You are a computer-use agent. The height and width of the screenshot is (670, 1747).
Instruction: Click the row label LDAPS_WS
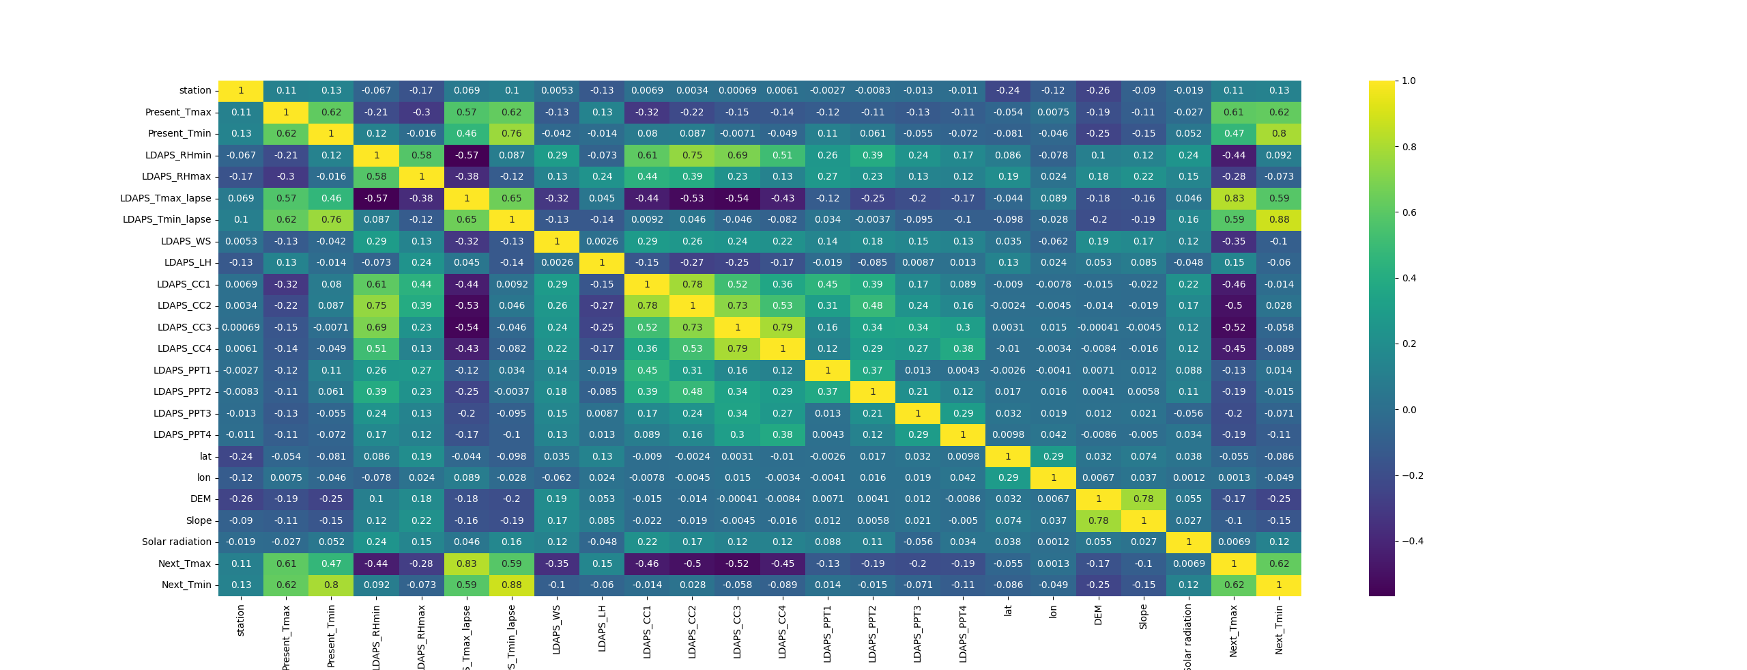click(x=186, y=241)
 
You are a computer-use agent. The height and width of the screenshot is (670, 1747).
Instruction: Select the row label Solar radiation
click(x=176, y=542)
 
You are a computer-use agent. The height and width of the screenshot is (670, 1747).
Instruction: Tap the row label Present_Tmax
click(x=177, y=112)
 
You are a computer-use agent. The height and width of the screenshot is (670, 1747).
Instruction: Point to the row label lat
click(x=205, y=456)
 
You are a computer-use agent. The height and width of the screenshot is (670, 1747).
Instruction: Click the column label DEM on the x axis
click(x=1098, y=615)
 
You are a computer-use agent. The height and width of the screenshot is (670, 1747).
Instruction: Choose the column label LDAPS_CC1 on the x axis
click(x=647, y=631)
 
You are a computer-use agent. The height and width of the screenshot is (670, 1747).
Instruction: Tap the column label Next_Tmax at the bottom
click(x=1233, y=631)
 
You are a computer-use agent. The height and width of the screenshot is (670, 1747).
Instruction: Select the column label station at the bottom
click(x=240, y=620)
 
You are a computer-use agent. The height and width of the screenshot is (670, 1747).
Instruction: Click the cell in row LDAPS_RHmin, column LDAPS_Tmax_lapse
click(x=467, y=155)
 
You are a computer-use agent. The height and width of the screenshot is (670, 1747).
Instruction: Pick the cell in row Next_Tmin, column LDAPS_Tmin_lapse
click(x=512, y=585)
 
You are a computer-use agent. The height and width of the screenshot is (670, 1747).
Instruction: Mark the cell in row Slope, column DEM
click(x=1098, y=520)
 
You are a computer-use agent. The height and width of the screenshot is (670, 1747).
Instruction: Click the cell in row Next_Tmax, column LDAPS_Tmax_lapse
click(x=467, y=563)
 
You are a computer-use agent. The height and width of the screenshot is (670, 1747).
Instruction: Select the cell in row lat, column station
click(x=241, y=456)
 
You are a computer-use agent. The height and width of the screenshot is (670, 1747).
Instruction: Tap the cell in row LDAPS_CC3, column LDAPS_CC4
click(x=782, y=327)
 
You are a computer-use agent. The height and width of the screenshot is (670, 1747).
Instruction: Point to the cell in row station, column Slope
click(x=1143, y=90)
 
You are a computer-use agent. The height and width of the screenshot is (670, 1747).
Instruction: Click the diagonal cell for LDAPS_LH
click(x=602, y=262)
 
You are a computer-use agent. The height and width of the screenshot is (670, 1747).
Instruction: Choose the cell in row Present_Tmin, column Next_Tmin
click(x=1278, y=133)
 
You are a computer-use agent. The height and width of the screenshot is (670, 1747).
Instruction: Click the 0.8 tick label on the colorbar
click(x=1409, y=147)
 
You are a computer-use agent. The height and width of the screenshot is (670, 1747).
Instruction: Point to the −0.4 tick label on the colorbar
click(x=1413, y=541)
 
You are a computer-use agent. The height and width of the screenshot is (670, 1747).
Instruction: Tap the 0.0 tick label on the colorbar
click(x=1409, y=410)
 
